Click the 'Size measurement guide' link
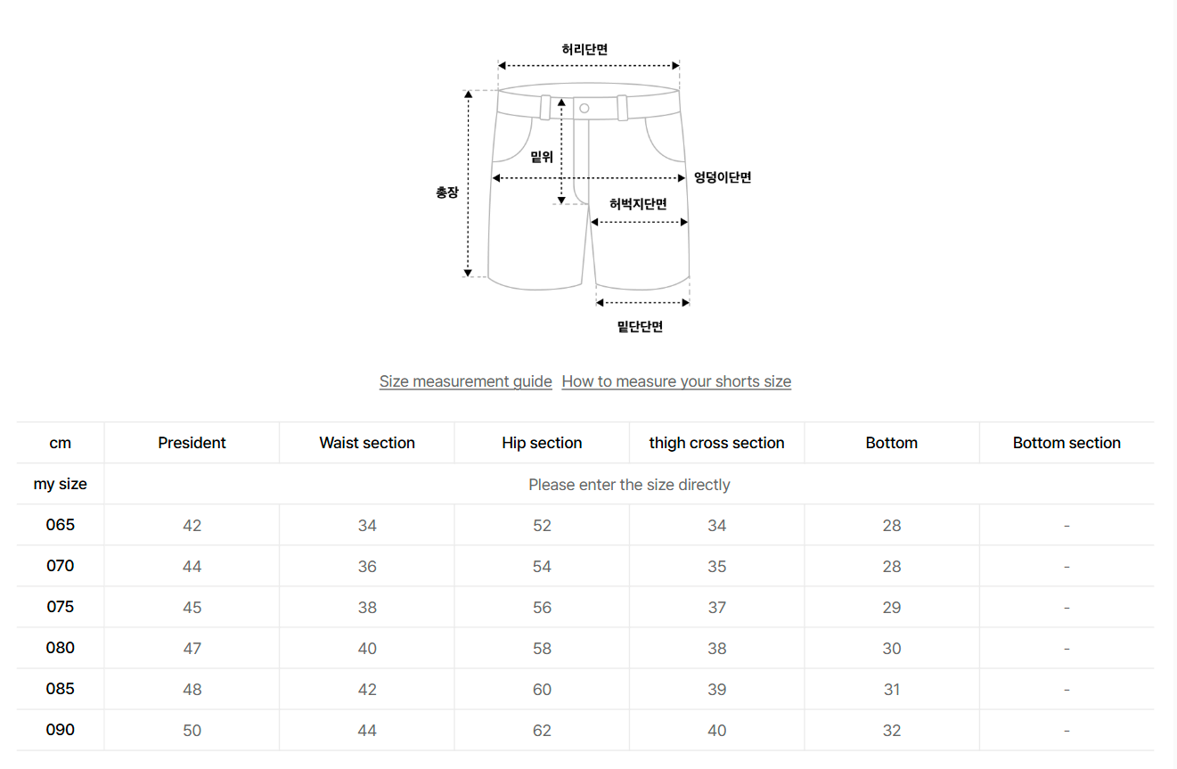[466, 381]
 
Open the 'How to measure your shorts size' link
[676, 381]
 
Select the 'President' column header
[192, 443]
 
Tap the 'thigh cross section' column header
[716, 443]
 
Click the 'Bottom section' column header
[1067, 443]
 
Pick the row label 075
[61, 607]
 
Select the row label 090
[61, 730]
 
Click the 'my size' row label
[61, 484]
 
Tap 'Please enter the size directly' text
[629, 484]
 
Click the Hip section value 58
[542, 648]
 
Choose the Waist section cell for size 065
[367, 525]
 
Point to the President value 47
[192, 648]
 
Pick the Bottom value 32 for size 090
[892, 730]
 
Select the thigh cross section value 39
[716, 689]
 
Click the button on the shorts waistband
[584, 109]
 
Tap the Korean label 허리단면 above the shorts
[584, 49]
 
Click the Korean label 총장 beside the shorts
[447, 192]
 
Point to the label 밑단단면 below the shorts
[640, 326]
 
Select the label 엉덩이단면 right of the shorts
[723, 177]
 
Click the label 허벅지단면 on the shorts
[638, 204]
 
